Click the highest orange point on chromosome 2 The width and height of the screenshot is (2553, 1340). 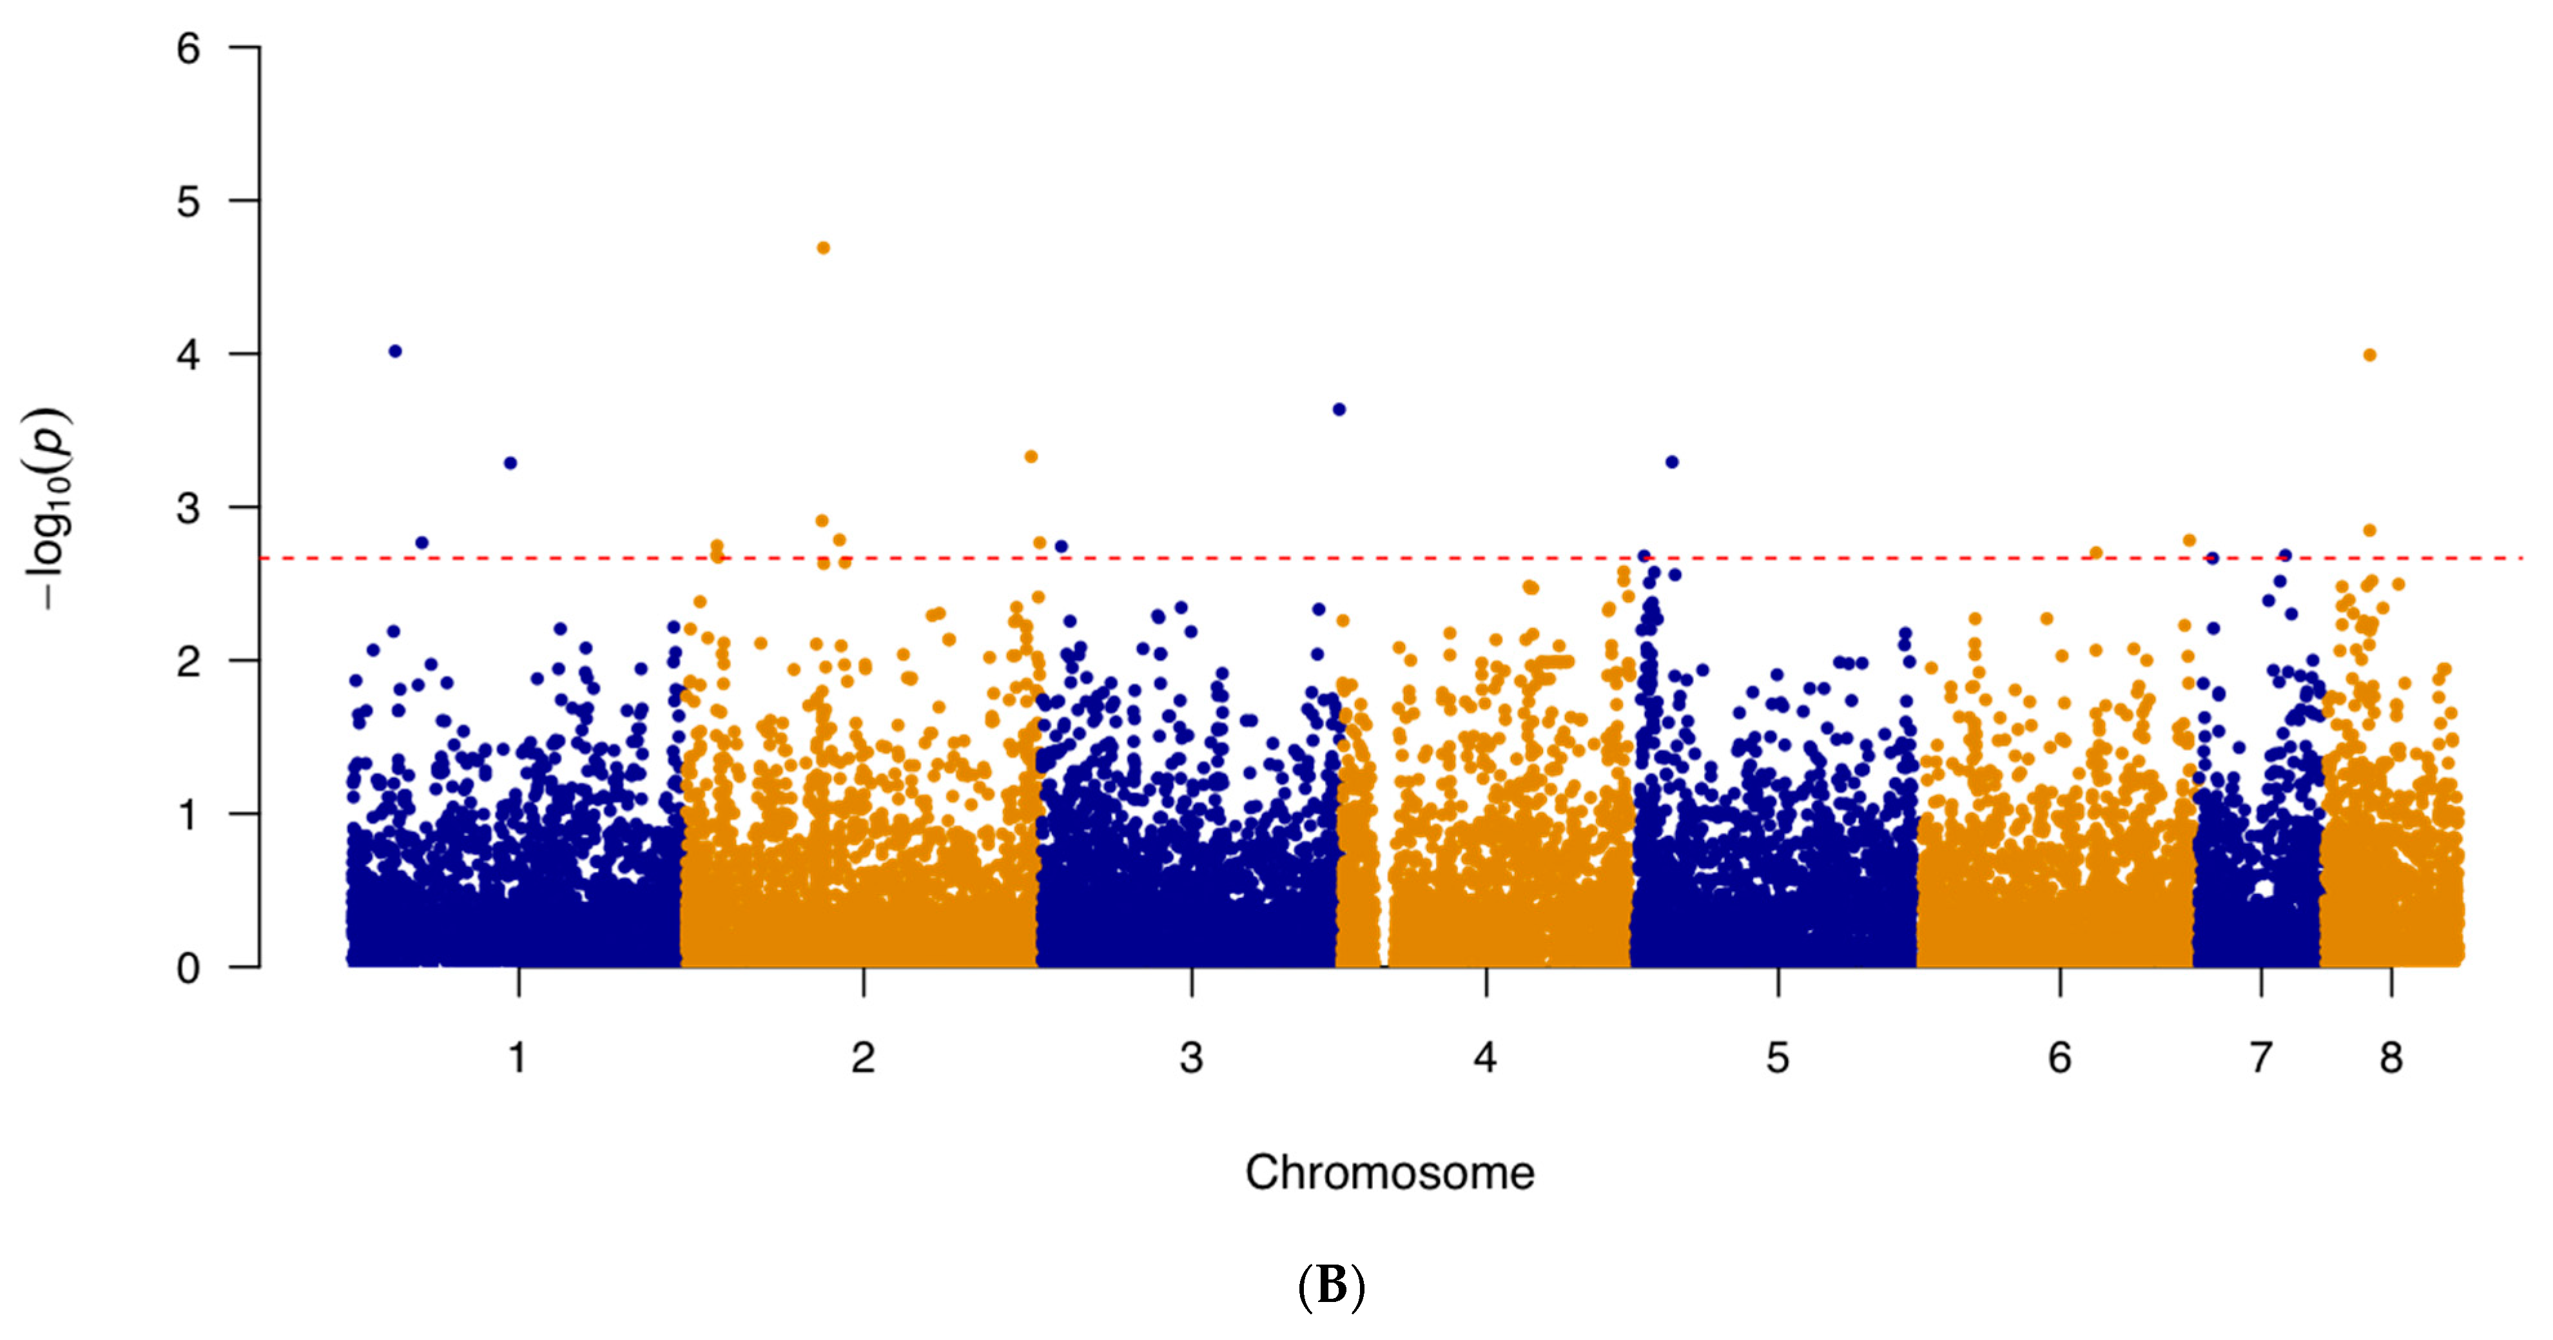pos(822,248)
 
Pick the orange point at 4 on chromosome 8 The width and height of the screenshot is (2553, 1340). pos(2370,355)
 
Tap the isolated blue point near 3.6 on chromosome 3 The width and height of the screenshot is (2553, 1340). pos(1339,409)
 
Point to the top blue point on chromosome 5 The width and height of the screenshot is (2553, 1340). pos(1672,462)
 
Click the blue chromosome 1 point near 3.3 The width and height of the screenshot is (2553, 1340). pos(510,463)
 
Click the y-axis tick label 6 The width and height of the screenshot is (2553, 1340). pos(188,48)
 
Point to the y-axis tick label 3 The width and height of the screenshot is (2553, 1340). pos(188,509)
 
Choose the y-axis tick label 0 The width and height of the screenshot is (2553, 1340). pos(188,968)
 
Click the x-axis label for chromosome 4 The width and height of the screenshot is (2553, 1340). pos(1484,1058)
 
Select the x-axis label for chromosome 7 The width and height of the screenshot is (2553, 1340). pos(2260,1058)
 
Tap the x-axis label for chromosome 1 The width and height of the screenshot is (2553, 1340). pos(518,1058)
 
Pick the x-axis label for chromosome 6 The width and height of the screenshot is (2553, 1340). pos(2059,1058)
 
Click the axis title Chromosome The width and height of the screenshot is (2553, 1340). pos(1390,1172)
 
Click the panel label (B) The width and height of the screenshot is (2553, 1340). pos(1331,1287)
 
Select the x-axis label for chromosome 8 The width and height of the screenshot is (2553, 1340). pos(2391,1058)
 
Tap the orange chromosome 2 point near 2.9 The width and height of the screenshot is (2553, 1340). pos(822,520)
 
